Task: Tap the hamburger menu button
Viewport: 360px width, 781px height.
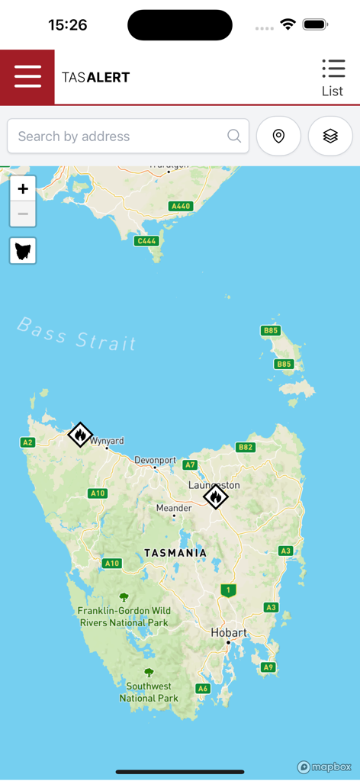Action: pyautogui.click(x=27, y=77)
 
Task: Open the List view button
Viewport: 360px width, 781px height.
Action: pyautogui.click(x=333, y=78)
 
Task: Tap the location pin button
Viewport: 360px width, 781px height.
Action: pyautogui.click(x=278, y=137)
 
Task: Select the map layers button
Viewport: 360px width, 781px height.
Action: pyautogui.click(x=330, y=137)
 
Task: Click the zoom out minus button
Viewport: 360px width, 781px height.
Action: pyautogui.click(x=23, y=214)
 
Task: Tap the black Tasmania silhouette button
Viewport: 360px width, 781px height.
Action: pyautogui.click(x=23, y=250)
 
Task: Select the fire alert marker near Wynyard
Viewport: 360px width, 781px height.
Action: pyautogui.click(x=80, y=435)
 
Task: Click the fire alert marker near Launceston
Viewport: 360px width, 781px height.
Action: pyautogui.click(x=216, y=497)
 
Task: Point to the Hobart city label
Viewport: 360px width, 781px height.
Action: pyautogui.click(x=229, y=633)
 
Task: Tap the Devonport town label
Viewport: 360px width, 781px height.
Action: pyautogui.click(x=155, y=461)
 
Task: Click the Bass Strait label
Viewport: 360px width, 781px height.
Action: pyautogui.click(x=77, y=335)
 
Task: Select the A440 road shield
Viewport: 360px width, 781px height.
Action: pyautogui.click(x=181, y=206)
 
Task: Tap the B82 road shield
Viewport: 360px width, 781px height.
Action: pyautogui.click(x=245, y=448)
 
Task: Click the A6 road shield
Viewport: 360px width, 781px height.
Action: pyautogui.click(x=202, y=689)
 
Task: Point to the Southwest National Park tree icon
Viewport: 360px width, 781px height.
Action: pyautogui.click(x=149, y=673)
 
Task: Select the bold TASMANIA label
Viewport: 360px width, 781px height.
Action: pyautogui.click(x=175, y=552)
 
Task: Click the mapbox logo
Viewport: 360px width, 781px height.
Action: pyautogui.click(x=325, y=767)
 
